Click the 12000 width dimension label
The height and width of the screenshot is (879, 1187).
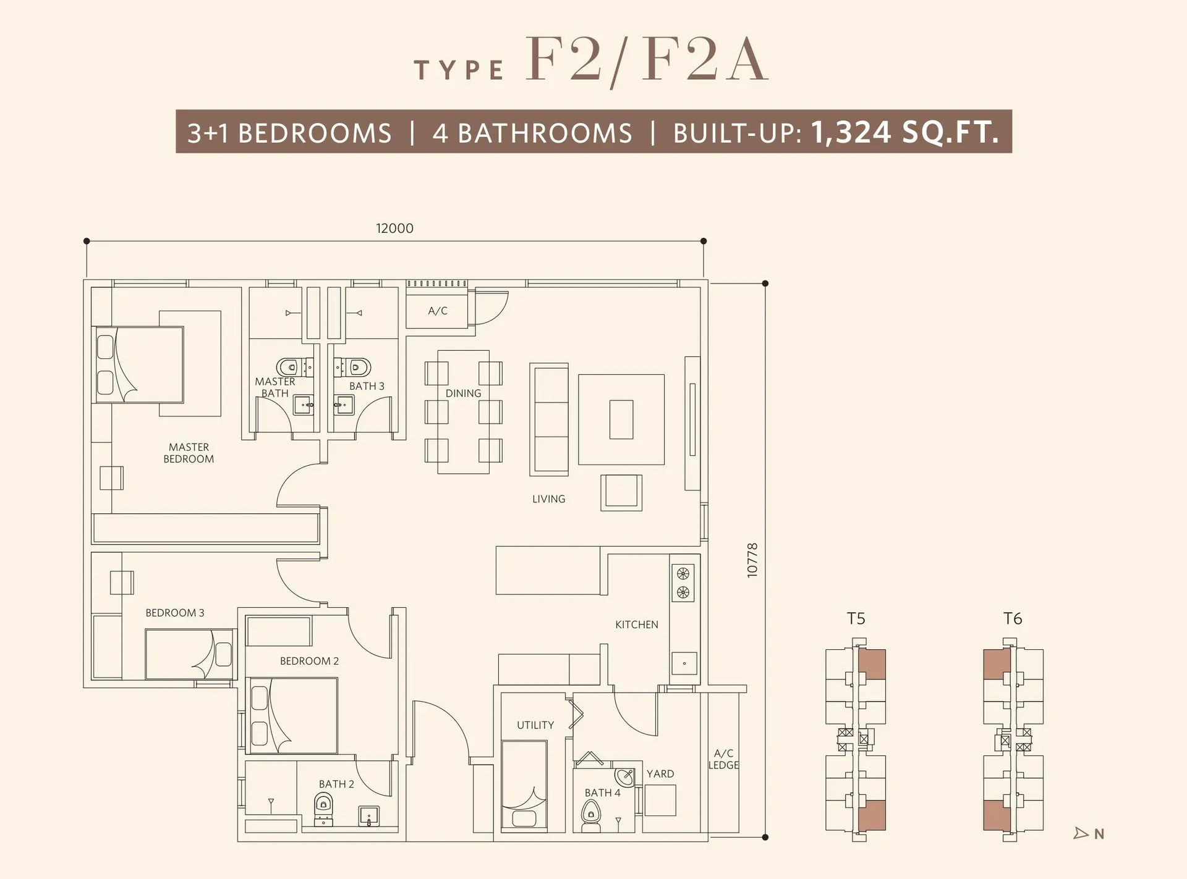394,228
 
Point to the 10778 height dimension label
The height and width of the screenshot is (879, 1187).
752,560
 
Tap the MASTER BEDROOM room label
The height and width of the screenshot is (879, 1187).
189,453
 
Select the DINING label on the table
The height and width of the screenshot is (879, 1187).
463,393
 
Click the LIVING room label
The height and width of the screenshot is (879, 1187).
548,498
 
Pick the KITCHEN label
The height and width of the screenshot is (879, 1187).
636,625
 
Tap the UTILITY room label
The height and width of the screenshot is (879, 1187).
535,725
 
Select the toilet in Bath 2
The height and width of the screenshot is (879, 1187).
323,809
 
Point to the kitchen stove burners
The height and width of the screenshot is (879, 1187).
683,583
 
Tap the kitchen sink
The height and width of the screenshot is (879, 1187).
684,663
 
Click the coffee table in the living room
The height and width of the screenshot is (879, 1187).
621,419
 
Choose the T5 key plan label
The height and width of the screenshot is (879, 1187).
856,618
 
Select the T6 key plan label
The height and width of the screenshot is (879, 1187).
1013,618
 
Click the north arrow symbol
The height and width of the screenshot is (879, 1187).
1081,833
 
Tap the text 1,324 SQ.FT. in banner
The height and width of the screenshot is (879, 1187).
904,132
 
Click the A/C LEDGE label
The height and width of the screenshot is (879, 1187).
723,759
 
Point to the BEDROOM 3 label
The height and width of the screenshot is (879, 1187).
174,613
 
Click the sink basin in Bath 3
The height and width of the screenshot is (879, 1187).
344,405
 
